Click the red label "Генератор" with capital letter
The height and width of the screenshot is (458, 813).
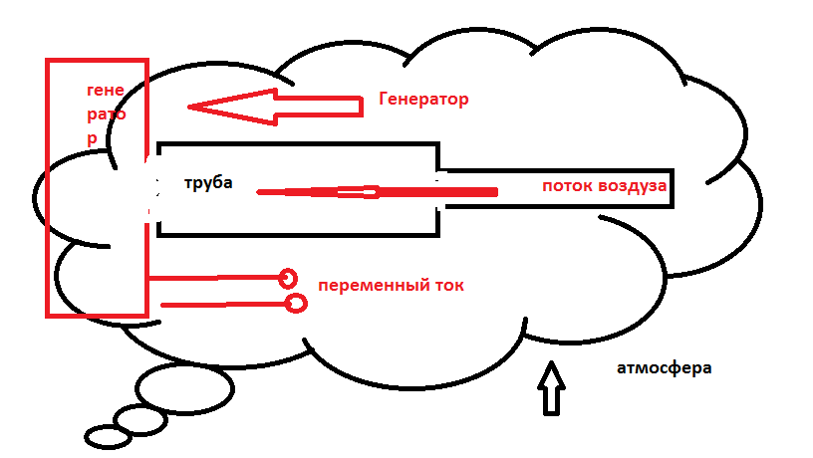pyautogui.click(x=423, y=100)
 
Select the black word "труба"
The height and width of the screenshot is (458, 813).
pyautogui.click(x=208, y=183)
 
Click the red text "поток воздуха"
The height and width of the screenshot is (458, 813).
pyautogui.click(x=604, y=186)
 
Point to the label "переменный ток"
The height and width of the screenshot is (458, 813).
pyautogui.click(x=391, y=285)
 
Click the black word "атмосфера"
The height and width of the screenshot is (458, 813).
pyautogui.click(x=664, y=367)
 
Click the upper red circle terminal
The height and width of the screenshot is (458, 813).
pyautogui.click(x=288, y=278)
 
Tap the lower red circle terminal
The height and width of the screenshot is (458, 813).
pyautogui.click(x=296, y=303)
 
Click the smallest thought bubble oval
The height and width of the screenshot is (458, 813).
pyautogui.click(x=105, y=436)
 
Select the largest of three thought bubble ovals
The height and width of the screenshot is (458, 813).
pyautogui.click(x=184, y=387)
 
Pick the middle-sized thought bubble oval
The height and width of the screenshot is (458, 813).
pyautogui.click(x=139, y=419)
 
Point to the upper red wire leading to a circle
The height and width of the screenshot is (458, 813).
pyautogui.click(x=214, y=278)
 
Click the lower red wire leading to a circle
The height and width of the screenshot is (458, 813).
pyautogui.click(x=224, y=304)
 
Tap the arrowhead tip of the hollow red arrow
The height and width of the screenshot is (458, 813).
pyautogui.click(x=192, y=107)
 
